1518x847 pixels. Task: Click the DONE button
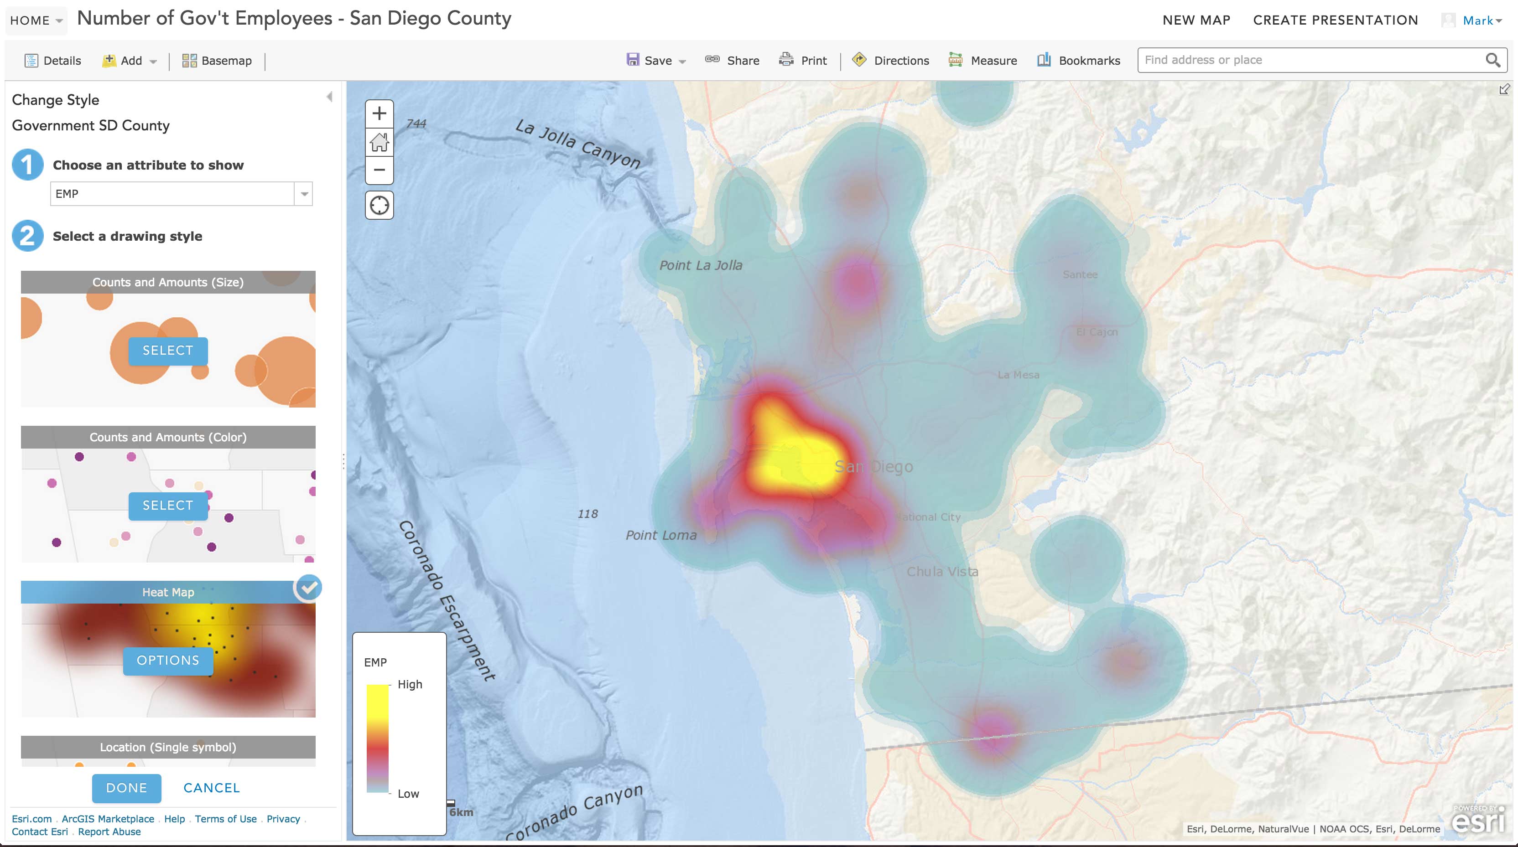126,788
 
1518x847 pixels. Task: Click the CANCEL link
212,788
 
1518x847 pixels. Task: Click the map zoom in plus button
379,113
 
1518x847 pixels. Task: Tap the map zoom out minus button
379,170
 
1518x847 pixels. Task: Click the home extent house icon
379,142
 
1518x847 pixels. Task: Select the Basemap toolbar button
217,61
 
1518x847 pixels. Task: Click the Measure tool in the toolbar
983,61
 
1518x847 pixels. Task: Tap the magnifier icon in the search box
1492,60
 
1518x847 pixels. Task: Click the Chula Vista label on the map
941,571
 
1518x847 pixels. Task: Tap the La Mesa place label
1018,375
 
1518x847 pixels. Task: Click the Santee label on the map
1080,274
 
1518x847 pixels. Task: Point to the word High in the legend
410,684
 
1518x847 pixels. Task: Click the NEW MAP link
1196,20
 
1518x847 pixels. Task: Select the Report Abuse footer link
109,832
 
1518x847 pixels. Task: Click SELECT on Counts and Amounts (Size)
168,351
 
